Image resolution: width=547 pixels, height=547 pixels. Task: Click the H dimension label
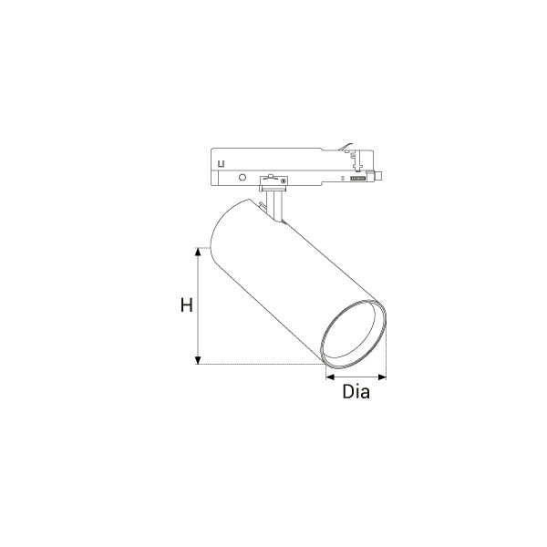coord(187,305)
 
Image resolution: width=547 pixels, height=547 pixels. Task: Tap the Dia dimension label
coord(356,391)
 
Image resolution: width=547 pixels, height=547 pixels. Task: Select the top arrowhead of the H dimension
coord(198,252)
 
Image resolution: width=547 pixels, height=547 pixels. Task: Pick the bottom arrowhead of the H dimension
coord(198,360)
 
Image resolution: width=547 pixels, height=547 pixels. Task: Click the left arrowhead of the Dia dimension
coord(330,377)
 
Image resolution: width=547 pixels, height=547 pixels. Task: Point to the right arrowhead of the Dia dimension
coord(382,377)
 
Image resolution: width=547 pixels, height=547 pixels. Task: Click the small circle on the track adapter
coord(243,178)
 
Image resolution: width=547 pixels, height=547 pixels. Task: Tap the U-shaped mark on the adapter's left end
coord(221,163)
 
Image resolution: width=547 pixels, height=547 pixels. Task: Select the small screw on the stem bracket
coord(284,181)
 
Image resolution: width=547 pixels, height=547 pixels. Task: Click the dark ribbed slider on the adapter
coord(358,179)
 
